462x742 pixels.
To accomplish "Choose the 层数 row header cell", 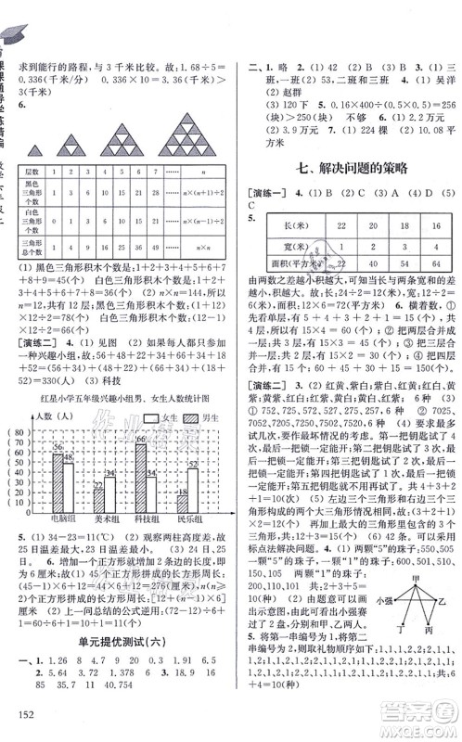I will (51, 173).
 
